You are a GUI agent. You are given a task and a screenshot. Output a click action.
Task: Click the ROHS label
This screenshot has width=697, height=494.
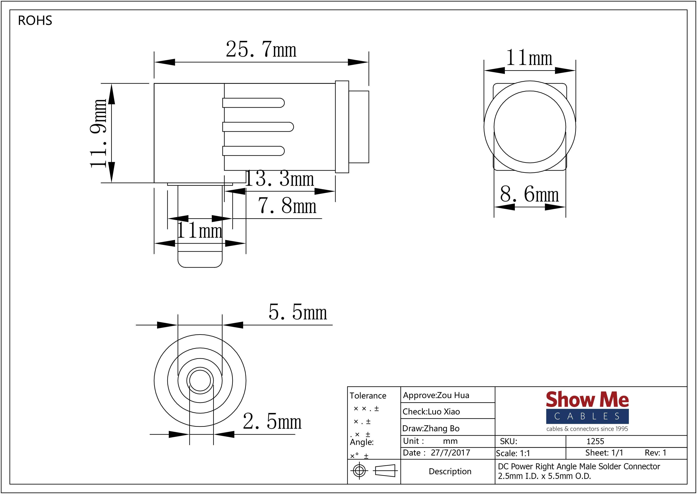point(35,21)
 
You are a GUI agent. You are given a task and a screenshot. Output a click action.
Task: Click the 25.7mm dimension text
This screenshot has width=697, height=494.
point(261,50)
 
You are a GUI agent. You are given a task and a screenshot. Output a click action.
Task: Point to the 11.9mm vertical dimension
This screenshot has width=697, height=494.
point(98,133)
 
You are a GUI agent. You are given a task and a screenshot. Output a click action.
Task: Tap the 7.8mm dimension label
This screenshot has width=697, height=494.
point(287,206)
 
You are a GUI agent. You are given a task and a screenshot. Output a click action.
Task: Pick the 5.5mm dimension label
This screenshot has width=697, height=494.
point(298,312)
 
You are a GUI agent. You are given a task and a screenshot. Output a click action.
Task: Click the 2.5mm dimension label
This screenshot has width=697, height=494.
point(272,422)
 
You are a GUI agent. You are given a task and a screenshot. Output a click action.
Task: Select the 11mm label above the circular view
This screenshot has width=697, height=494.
point(529,58)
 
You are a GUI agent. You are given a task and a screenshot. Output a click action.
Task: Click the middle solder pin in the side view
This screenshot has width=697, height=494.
point(258,127)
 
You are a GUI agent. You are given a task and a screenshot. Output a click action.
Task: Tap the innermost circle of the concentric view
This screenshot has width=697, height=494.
point(200,381)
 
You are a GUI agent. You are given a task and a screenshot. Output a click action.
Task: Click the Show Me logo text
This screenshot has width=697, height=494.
point(587,400)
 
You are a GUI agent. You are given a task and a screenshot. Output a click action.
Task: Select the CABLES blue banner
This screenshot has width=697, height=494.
point(587,416)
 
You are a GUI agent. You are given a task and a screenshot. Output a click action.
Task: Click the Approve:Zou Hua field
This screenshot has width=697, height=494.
point(436,395)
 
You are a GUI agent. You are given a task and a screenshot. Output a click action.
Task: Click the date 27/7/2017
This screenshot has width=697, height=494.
point(450,453)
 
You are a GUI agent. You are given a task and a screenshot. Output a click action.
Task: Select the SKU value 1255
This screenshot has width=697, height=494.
point(595,441)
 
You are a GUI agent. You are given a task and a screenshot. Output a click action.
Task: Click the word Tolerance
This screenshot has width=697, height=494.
point(368,396)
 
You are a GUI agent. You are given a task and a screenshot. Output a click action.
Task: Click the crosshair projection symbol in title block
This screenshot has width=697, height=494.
point(359,471)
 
